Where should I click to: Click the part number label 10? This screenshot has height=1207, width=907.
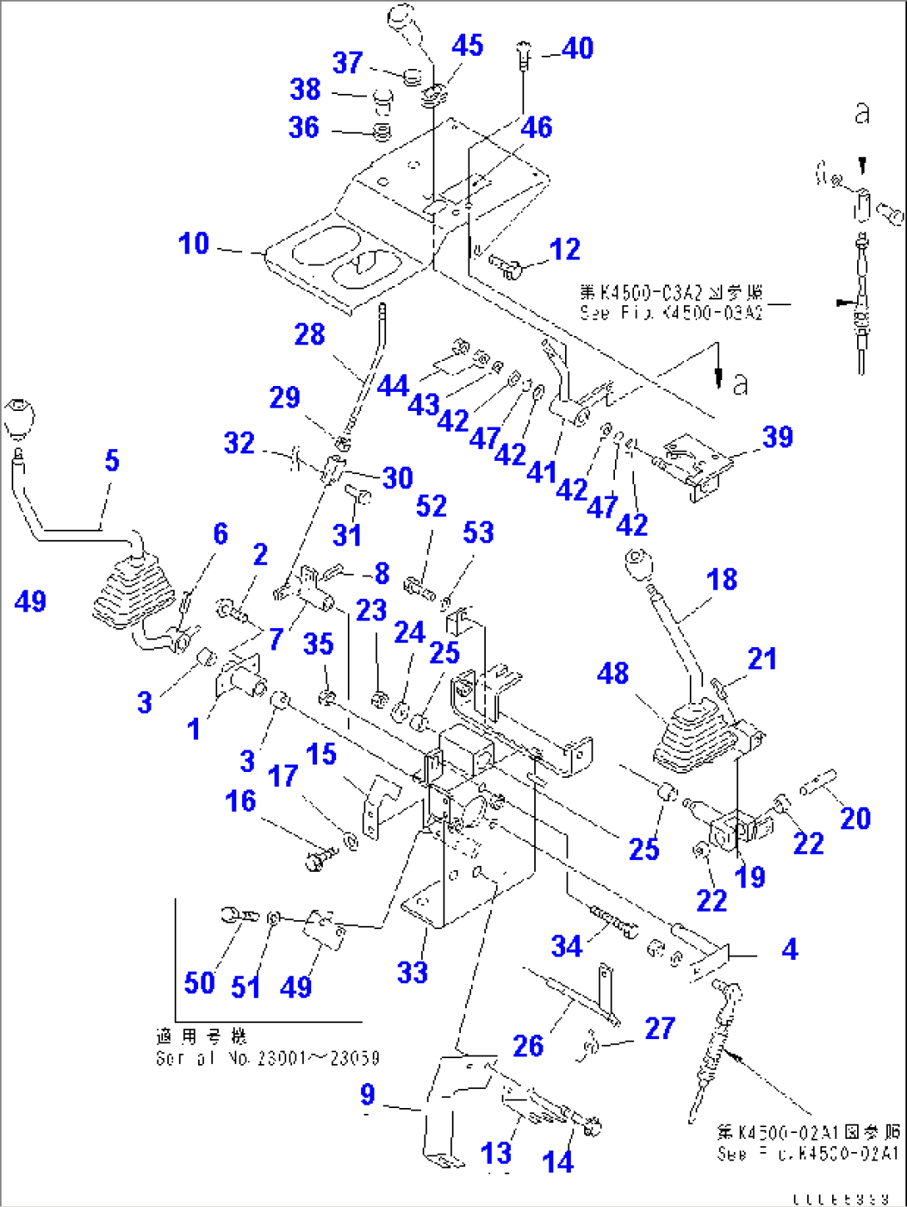point(194,244)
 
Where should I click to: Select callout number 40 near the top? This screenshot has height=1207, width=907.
point(577,48)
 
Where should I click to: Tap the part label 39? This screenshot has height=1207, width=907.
point(778,437)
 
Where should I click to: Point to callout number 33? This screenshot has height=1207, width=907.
point(413,972)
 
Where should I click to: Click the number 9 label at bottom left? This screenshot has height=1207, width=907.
point(368,1095)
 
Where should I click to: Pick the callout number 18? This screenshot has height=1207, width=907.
point(722,580)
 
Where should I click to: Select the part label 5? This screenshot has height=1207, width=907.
point(112,460)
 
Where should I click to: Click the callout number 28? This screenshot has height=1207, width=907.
point(310,334)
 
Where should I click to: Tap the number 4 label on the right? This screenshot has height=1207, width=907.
point(790,949)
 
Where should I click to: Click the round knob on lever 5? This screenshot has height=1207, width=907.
point(19,415)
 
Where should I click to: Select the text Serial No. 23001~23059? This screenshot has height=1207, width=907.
point(267,1059)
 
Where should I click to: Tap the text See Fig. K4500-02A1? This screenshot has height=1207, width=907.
point(808,1154)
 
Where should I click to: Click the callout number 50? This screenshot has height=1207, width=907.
point(200,983)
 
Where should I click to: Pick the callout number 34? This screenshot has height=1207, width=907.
point(567,946)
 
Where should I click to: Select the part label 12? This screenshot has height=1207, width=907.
point(565,249)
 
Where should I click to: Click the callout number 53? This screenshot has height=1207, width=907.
point(478,533)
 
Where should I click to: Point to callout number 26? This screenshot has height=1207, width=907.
point(528,1046)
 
